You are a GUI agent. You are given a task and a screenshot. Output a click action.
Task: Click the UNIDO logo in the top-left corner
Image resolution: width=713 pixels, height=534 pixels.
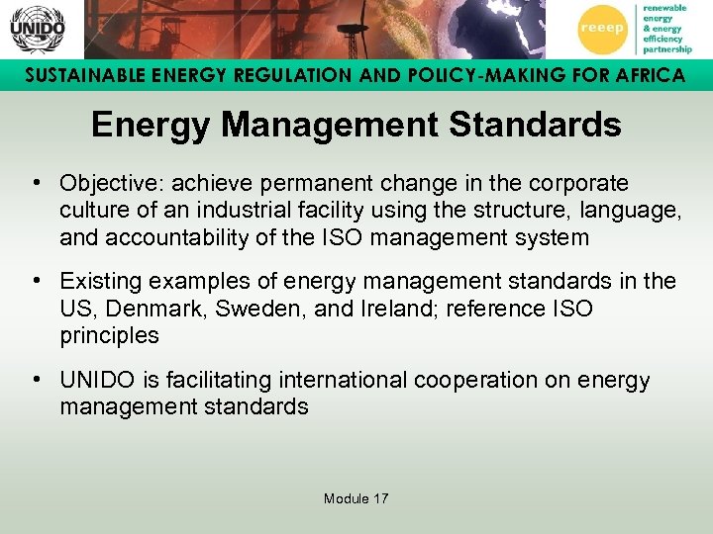[x=37, y=29]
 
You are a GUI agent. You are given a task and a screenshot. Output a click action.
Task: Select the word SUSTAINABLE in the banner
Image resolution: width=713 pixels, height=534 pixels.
[x=75, y=76]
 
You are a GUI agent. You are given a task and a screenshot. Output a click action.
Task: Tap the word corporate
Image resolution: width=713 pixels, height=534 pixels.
[x=580, y=184]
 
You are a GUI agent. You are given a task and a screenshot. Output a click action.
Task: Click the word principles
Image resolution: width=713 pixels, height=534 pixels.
[x=109, y=335]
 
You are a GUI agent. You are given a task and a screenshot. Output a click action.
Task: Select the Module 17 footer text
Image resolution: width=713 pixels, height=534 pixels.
[x=356, y=498]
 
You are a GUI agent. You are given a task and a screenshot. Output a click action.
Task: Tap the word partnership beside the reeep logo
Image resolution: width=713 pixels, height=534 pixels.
[x=667, y=47]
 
